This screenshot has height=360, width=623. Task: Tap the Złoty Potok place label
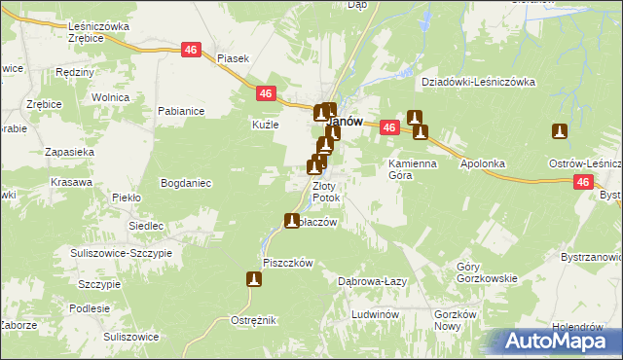click(x=325, y=192)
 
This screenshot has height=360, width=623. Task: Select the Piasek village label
click(x=234, y=58)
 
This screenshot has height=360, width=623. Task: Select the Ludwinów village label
click(x=377, y=315)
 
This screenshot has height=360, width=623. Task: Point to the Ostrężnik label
click(x=255, y=320)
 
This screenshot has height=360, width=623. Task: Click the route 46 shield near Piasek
click(x=191, y=50)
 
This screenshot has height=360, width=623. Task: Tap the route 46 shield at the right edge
click(x=582, y=182)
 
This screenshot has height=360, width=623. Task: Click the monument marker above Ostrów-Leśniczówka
click(x=559, y=131)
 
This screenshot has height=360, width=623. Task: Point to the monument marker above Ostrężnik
click(x=254, y=280)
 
